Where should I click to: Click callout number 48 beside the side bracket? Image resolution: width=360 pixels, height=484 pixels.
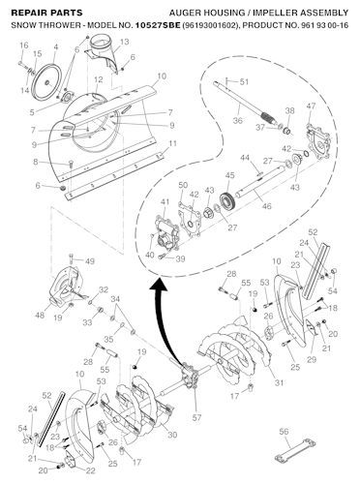[41, 315]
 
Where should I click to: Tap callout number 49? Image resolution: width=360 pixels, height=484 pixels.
[89, 261]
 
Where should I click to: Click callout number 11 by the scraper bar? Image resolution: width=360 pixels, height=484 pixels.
[172, 143]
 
